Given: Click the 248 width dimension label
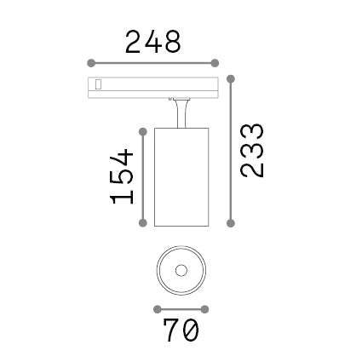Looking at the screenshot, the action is pyautogui.click(x=153, y=42).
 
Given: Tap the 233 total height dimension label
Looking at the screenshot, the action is pyautogui.click(x=252, y=151).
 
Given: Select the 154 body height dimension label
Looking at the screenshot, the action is pyautogui.click(x=122, y=176).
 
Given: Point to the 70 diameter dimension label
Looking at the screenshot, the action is pyautogui.click(x=181, y=330).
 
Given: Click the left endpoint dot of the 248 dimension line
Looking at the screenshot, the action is pyautogui.click(x=91, y=63).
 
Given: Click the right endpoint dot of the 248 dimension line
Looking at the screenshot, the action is pyautogui.click(x=215, y=63).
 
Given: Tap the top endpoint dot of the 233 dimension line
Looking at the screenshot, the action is pyautogui.click(x=231, y=79).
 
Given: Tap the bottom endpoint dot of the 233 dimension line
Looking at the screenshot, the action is pyautogui.click(x=231, y=223).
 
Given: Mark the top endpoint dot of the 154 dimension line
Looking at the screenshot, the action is pyautogui.click(x=143, y=132).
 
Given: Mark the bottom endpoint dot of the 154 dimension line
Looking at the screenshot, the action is pyautogui.click(x=143, y=223).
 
